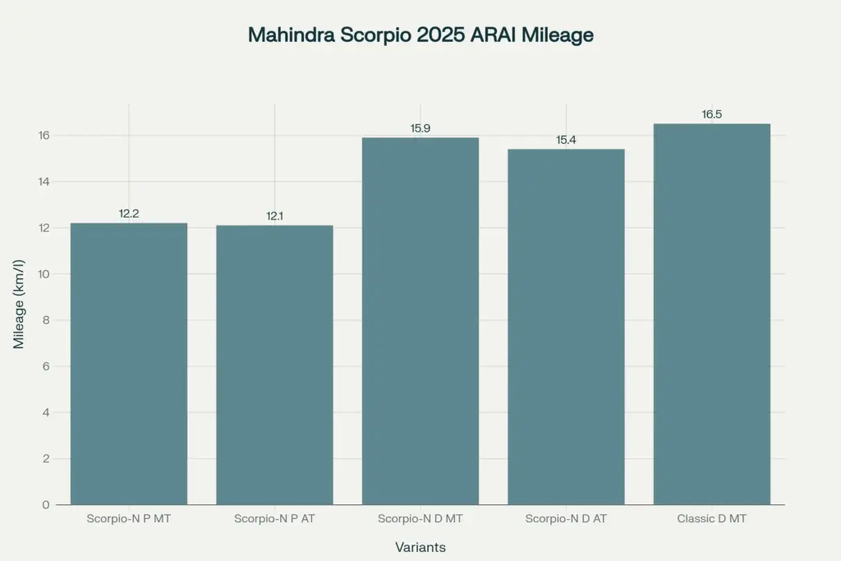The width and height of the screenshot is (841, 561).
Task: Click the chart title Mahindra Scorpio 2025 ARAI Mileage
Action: pyautogui.click(x=420, y=36)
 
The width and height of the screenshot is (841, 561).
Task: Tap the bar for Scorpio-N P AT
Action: pyautogui.click(x=274, y=365)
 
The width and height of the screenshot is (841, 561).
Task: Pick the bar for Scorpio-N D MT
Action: pyautogui.click(x=420, y=320)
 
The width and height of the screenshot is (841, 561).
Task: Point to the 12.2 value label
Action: pyautogui.click(x=129, y=214)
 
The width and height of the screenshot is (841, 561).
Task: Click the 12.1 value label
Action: pyautogui.click(x=274, y=216)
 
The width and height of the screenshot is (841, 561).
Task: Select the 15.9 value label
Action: pyautogui.click(x=420, y=128)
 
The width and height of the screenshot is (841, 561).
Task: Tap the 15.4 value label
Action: pyautogui.click(x=566, y=140)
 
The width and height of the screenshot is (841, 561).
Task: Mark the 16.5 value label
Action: pyautogui.click(x=712, y=114)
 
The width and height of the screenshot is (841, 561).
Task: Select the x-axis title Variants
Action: pyautogui.click(x=420, y=547)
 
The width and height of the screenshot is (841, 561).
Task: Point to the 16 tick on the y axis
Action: pyautogui.click(x=44, y=136)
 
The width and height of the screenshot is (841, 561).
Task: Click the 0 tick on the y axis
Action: pyautogui.click(x=46, y=504)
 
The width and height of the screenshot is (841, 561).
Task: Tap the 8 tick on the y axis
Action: pyautogui.click(x=46, y=320)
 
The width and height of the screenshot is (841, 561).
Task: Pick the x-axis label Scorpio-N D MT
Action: pyautogui.click(x=420, y=519)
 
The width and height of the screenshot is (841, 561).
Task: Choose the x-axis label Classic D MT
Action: pyautogui.click(x=712, y=519)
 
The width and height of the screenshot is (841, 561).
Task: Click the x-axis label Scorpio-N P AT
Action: pyautogui.click(x=274, y=519)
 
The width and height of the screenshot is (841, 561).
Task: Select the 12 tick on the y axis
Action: pyautogui.click(x=44, y=228)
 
